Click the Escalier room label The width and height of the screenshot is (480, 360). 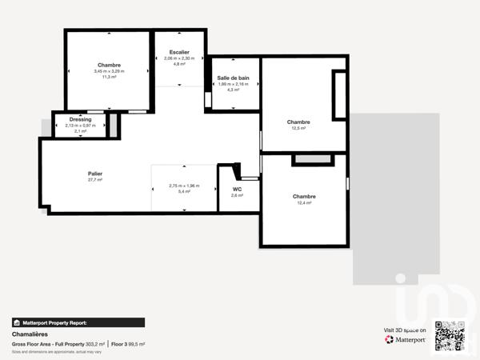[x=179, y=52]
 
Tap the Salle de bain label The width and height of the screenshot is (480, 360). [x=234, y=78]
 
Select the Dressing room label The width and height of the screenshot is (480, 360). [x=80, y=119]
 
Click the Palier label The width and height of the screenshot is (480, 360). [x=95, y=174]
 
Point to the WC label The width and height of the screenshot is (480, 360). [x=237, y=190]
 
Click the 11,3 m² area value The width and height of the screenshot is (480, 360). [x=110, y=78]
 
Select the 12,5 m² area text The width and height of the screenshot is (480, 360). [x=299, y=128]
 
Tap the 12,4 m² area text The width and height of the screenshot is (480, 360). [x=304, y=203]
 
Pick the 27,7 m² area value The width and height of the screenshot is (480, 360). [x=95, y=180]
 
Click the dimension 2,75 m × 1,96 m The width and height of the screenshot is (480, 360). [x=184, y=186]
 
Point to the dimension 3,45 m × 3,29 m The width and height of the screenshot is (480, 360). [x=110, y=71]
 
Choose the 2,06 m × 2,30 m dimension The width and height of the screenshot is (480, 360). [x=179, y=58]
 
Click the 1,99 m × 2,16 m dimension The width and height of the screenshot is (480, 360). [x=234, y=84]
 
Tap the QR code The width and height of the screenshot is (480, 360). [x=450, y=335]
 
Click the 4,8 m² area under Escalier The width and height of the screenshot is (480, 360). [x=179, y=64]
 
